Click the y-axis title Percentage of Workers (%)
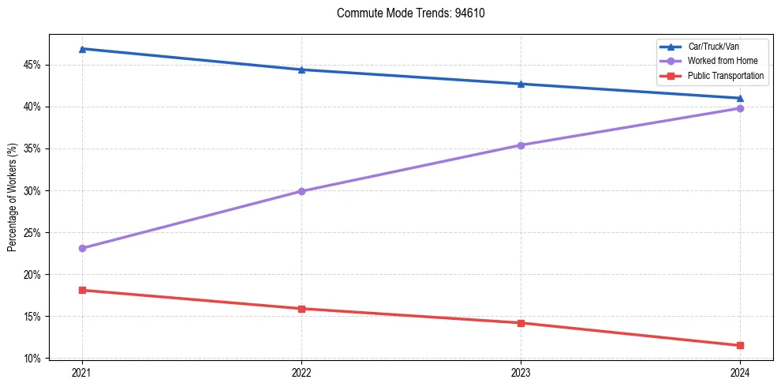[13, 197]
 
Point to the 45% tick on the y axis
[34, 65]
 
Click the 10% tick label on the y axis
[34, 359]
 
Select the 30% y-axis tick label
[34, 190]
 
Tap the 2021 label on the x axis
[82, 372]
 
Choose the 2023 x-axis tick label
[521, 372]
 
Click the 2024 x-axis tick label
[740, 372]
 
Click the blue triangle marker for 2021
[82, 49]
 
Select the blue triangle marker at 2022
[301, 70]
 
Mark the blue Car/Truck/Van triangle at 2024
[740, 98]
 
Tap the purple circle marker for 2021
[82, 248]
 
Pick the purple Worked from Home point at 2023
[521, 145]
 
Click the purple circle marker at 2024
[740, 108]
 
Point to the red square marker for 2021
[82, 290]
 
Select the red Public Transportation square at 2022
[301, 309]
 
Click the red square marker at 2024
[740, 345]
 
